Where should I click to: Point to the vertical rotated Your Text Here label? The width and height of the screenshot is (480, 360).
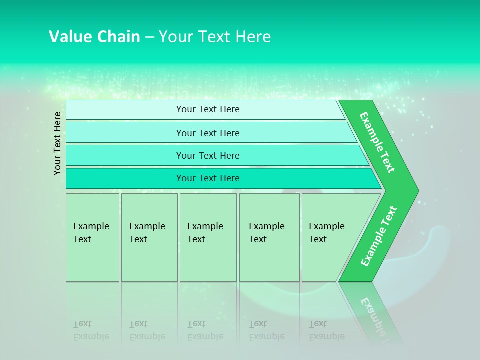57,143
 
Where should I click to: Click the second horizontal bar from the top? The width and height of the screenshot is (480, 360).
208,133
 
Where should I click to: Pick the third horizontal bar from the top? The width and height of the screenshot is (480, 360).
208,155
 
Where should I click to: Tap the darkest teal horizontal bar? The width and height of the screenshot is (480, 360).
208,178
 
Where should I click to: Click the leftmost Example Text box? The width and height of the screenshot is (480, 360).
92,237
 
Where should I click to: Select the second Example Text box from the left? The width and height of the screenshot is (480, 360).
149,237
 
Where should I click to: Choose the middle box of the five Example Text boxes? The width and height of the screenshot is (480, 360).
208,237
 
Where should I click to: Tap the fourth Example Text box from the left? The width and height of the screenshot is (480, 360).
269,237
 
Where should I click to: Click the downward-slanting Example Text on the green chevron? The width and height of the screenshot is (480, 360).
377,142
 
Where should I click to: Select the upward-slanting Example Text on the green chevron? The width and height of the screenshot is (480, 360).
378,236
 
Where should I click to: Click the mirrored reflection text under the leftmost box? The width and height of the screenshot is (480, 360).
91,331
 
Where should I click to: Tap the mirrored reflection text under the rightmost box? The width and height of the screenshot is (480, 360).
327,331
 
